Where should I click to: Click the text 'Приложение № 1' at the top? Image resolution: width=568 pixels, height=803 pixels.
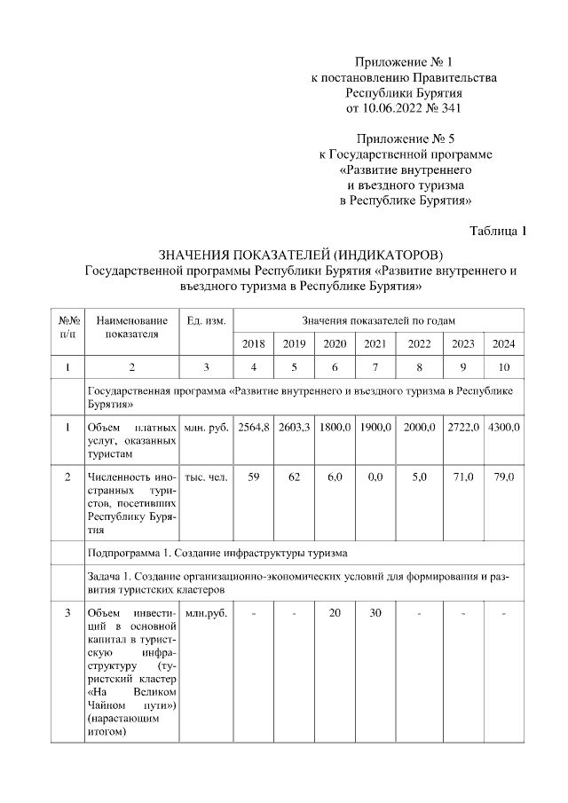tap(404, 62)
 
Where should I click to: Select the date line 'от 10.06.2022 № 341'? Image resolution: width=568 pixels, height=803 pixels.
tap(404, 108)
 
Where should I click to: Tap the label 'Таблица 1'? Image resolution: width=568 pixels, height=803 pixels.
tap(498, 232)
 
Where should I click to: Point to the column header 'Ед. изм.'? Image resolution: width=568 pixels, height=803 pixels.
tap(206, 319)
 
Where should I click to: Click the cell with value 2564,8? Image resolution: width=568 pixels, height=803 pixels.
tap(253, 428)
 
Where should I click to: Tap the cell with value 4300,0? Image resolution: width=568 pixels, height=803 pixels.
tap(503, 428)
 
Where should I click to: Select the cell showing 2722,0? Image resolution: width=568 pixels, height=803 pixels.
tap(463, 428)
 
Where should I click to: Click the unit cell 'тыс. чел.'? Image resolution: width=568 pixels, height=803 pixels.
tap(206, 477)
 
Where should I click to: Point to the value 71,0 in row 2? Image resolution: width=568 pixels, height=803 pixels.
tap(463, 477)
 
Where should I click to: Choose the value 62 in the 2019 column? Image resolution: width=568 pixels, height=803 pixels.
tap(294, 477)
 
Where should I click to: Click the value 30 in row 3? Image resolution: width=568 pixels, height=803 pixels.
tap(375, 613)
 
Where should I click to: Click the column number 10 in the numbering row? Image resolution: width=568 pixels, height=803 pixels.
tap(503, 366)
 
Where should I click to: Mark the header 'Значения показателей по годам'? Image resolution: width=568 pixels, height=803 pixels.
tap(379, 319)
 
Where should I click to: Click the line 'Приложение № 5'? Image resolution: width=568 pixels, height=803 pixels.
tap(404, 139)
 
